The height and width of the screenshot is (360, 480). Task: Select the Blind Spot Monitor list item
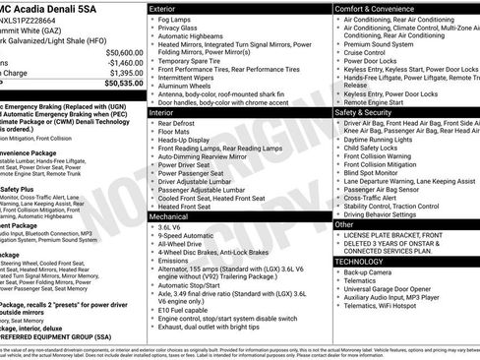379,172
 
